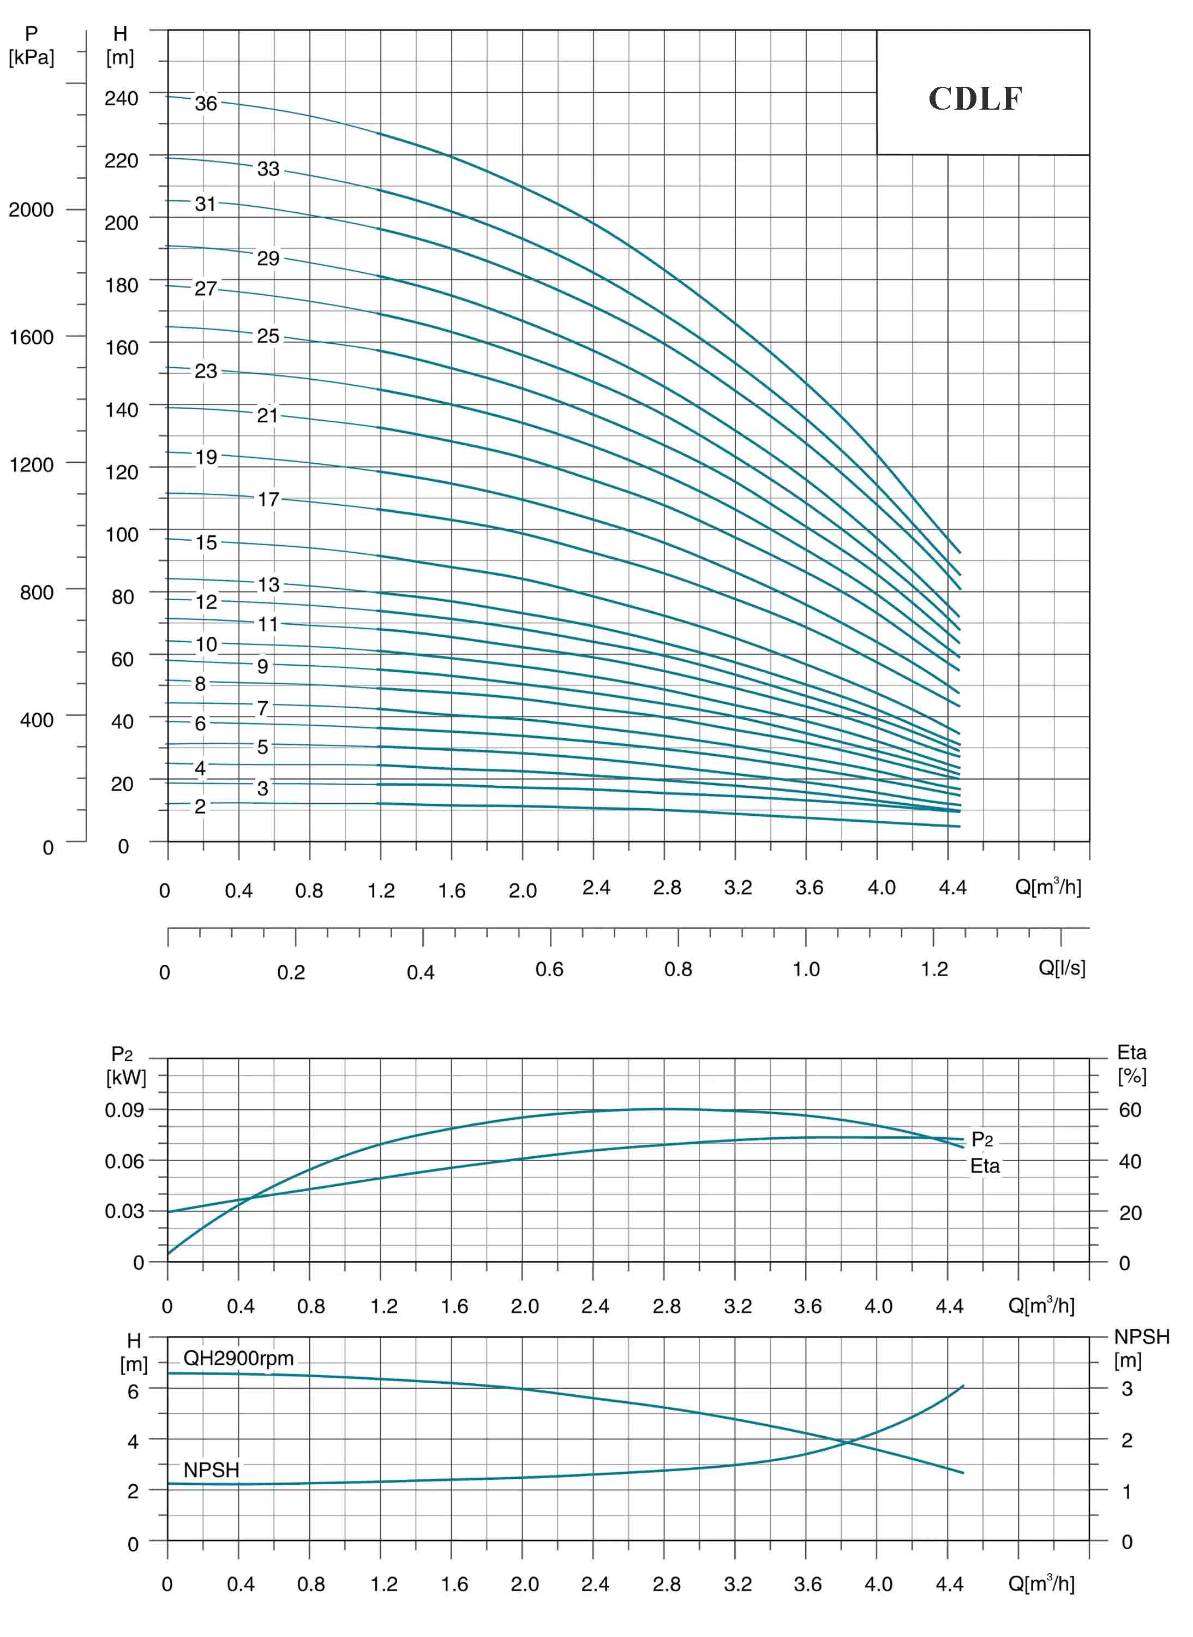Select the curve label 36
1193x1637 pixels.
[206, 103]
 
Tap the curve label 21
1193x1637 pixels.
[268, 415]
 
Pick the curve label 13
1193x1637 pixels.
[268, 584]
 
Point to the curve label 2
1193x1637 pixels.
[200, 806]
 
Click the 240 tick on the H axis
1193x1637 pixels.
[121, 98]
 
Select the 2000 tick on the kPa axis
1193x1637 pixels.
[31, 210]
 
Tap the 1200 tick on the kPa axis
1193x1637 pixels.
[31, 464]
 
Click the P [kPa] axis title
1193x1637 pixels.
[31, 45]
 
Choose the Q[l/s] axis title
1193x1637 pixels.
[1062, 967]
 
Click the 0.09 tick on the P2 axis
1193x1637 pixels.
[124, 1110]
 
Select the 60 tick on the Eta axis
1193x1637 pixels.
[1130, 1110]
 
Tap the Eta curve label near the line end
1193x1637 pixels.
[985, 1166]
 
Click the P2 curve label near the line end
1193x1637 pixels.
[982, 1140]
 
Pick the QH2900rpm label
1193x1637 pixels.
[238, 1358]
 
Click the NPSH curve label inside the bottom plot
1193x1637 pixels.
[211, 1470]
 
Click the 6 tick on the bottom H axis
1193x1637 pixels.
[133, 1391]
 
